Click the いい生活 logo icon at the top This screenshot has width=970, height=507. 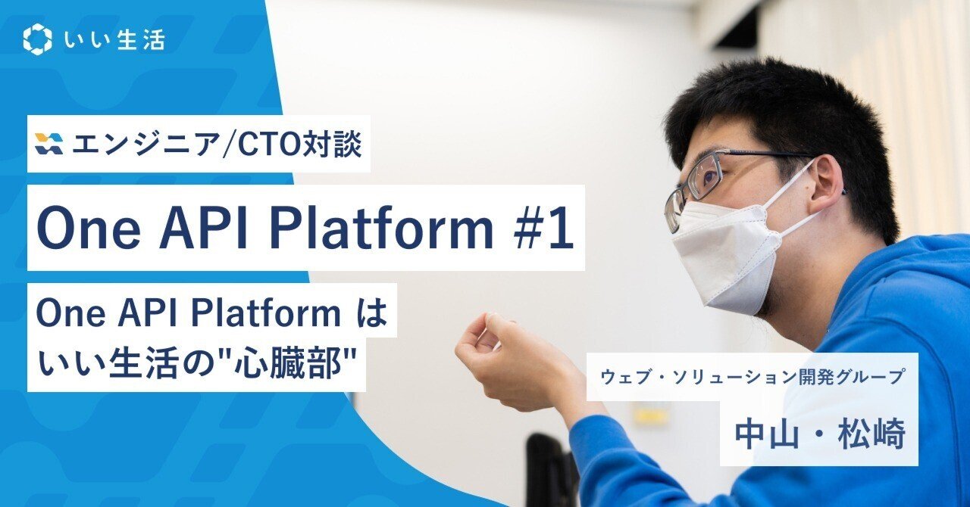click(x=37, y=39)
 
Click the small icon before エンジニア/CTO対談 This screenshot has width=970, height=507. click(x=49, y=144)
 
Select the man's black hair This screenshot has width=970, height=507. click(x=788, y=114)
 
